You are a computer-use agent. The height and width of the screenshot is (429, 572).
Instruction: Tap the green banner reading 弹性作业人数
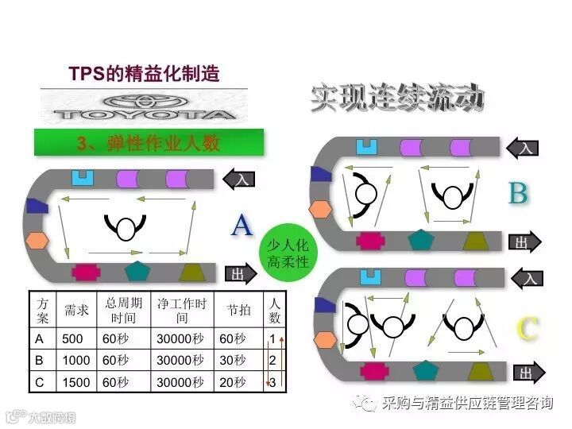(x=149, y=144)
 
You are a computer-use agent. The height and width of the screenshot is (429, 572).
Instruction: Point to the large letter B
(x=517, y=193)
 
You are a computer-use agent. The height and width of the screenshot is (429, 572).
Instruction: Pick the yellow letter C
(x=527, y=328)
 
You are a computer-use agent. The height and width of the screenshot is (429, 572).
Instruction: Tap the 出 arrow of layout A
(x=239, y=274)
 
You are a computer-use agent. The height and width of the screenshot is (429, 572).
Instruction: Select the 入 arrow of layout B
(x=526, y=148)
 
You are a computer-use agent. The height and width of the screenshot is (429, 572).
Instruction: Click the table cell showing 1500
(x=76, y=382)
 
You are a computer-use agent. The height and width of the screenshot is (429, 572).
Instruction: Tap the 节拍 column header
(x=238, y=310)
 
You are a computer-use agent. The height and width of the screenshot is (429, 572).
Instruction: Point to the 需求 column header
(x=76, y=310)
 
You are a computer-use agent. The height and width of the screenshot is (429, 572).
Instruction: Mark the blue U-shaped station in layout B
(x=366, y=147)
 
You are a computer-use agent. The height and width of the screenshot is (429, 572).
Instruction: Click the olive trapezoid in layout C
(x=478, y=370)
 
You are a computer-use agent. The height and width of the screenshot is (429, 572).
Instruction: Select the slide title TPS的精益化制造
(x=144, y=75)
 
